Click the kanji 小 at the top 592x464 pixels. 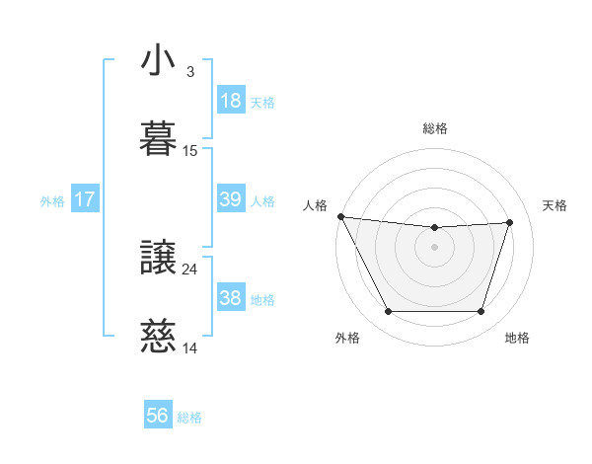[159, 61]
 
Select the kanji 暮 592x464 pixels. [159, 139]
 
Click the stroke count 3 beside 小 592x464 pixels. [189, 72]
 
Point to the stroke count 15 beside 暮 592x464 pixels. [190, 151]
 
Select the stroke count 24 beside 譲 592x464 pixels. [190, 269]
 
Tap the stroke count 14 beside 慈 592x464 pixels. [190, 348]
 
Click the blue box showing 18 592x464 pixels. [230, 101]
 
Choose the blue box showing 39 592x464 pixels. [230, 199]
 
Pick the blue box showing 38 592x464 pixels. [230, 298]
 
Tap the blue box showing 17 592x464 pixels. [85, 199]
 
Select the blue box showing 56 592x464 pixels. [157, 416]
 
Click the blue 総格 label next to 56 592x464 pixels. [189, 418]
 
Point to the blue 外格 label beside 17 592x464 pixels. [52, 201]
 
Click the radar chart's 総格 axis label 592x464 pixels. [435, 128]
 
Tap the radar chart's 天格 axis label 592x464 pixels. [555, 205]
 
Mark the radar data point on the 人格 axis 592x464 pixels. [340, 216]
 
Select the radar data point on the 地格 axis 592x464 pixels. [481, 312]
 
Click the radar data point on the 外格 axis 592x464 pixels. [388, 312]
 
